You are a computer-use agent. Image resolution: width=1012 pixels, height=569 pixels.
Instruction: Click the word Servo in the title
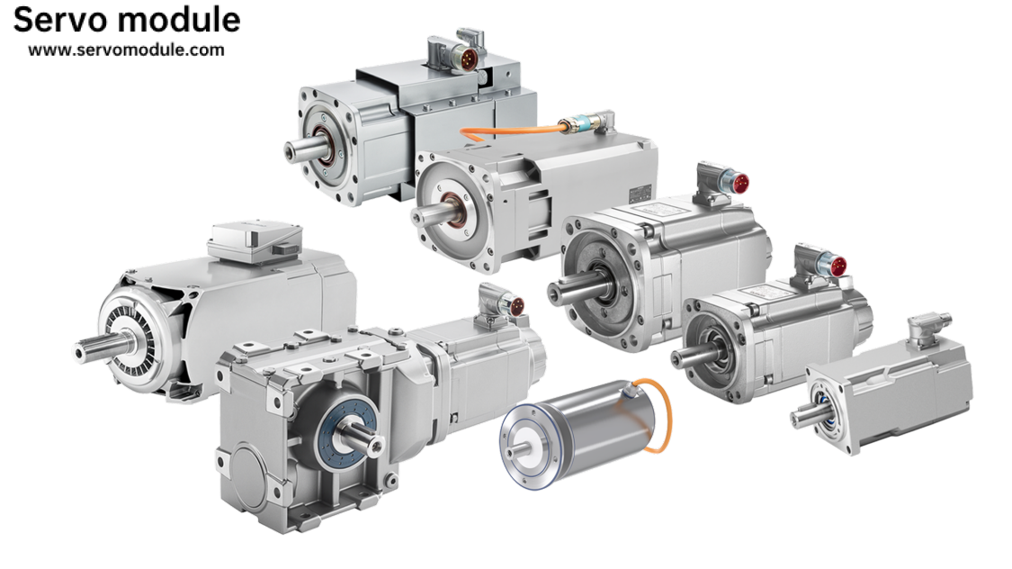pos(62,20)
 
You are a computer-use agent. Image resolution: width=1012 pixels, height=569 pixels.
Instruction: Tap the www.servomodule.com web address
pos(127,50)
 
